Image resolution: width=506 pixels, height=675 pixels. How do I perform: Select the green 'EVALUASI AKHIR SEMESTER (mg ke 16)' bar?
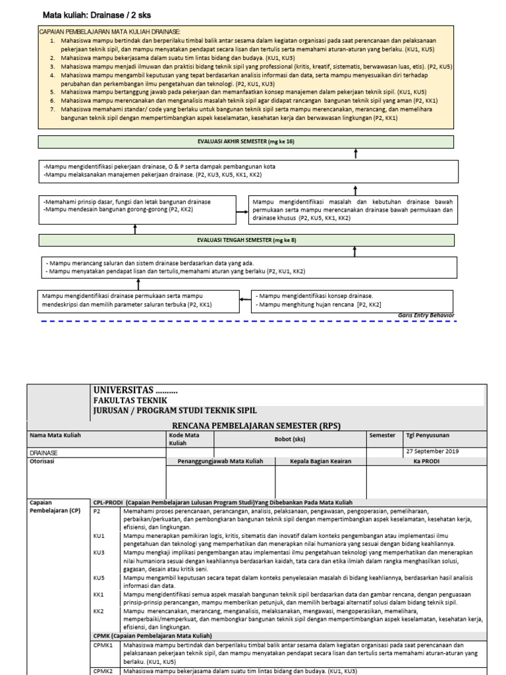(246, 142)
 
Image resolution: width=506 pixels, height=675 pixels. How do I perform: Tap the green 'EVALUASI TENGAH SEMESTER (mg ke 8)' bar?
(246, 240)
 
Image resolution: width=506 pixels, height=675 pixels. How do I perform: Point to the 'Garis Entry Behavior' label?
(426, 315)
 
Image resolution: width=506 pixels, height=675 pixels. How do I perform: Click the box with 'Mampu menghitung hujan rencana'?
(354, 301)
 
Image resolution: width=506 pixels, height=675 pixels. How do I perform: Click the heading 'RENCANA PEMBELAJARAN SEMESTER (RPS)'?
(256, 425)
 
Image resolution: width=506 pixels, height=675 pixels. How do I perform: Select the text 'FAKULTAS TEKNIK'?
(130, 400)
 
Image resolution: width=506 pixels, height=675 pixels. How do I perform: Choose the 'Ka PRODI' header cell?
(426, 461)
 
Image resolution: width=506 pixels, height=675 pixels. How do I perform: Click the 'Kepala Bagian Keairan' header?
(321, 461)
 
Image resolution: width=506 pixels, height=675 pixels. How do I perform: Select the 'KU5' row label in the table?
(99, 577)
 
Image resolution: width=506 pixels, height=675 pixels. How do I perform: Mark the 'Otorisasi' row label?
(43, 461)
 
